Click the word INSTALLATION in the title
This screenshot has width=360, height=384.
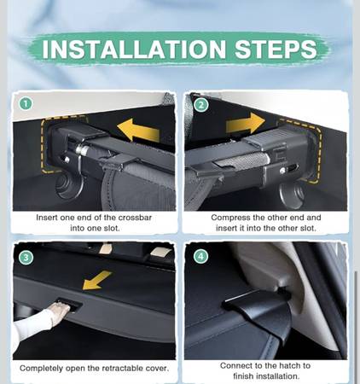pyautogui.click(x=134, y=49)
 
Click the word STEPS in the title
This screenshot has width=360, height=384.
pyautogui.click(x=276, y=49)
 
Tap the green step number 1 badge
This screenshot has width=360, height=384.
pyautogui.click(x=26, y=104)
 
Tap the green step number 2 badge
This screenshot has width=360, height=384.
pyautogui.click(x=200, y=105)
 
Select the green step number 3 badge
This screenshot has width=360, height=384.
pyautogui.click(x=26, y=258)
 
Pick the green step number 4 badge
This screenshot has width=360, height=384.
pyautogui.click(x=200, y=257)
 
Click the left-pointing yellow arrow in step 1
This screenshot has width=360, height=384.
pyautogui.click(x=138, y=131)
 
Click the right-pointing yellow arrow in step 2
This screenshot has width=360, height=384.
pyautogui.click(x=246, y=123)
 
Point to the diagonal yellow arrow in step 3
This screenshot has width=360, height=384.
pyautogui.click(x=96, y=281)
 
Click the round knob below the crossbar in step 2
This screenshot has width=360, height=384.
pyautogui.click(x=293, y=194)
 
